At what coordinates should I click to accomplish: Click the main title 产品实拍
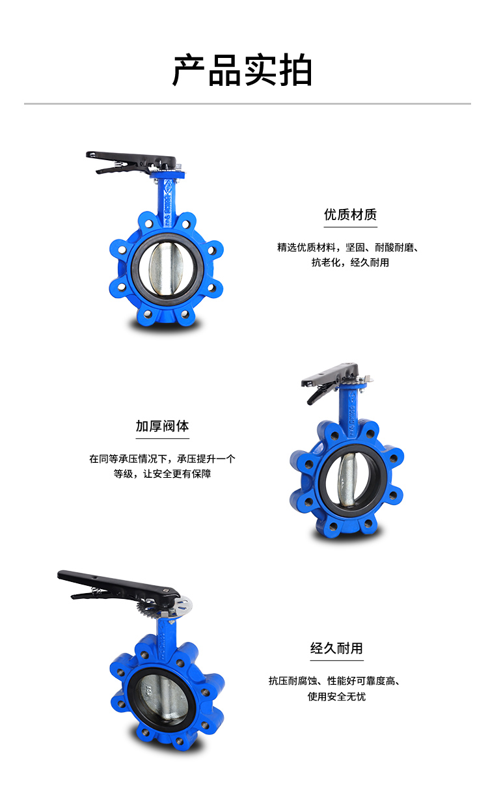[x=242, y=70]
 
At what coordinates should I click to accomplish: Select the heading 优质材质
[x=350, y=215]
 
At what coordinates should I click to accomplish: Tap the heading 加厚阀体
[x=162, y=426]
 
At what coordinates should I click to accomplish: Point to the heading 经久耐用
[x=336, y=648]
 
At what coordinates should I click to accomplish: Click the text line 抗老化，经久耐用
[x=350, y=262]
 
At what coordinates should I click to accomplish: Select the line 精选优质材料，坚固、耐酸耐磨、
[x=349, y=247]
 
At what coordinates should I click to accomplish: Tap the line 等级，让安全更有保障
[x=162, y=474]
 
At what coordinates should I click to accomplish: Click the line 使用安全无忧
[x=336, y=697]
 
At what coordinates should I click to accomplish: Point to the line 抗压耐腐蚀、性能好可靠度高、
[x=335, y=681]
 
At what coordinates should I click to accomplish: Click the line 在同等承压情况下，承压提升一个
[x=162, y=458]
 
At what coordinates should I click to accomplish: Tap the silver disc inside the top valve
[x=166, y=268]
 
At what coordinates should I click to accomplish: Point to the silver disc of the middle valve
[x=347, y=480]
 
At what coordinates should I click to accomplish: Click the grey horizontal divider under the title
[x=247, y=104]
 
